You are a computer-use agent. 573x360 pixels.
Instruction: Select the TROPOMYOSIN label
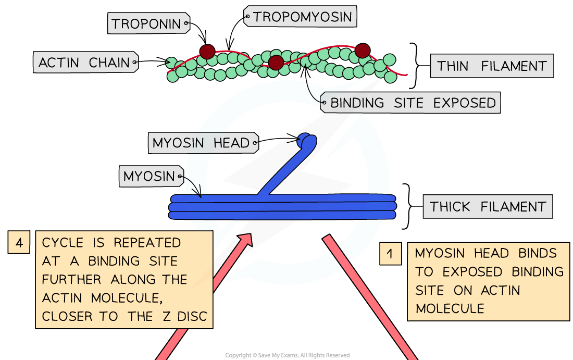[x=302, y=17]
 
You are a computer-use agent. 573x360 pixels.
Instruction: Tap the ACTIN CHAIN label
[x=84, y=63]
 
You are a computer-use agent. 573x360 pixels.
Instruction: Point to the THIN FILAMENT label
[x=492, y=66]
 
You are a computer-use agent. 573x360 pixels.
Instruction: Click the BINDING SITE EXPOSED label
[x=413, y=103]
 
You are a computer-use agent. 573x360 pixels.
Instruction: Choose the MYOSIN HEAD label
[x=201, y=143]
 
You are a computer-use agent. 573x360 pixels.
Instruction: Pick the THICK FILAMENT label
[x=488, y=207]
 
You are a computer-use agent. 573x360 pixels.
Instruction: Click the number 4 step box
[x=19, y=243]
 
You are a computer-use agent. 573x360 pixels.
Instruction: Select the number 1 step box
[x=390, y=254]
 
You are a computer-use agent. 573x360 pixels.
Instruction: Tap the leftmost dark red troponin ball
[x=207, y=52]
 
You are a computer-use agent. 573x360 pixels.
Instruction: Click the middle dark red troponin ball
[x=276, y=63]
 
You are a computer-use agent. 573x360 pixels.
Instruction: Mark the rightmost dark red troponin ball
[x=363, y=51]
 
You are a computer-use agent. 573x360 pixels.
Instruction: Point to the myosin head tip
[x=307, y=140]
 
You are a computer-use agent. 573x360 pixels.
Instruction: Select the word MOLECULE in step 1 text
[x=450, y=308]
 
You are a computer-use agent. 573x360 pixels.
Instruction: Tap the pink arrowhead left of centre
[x=245, y=240]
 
